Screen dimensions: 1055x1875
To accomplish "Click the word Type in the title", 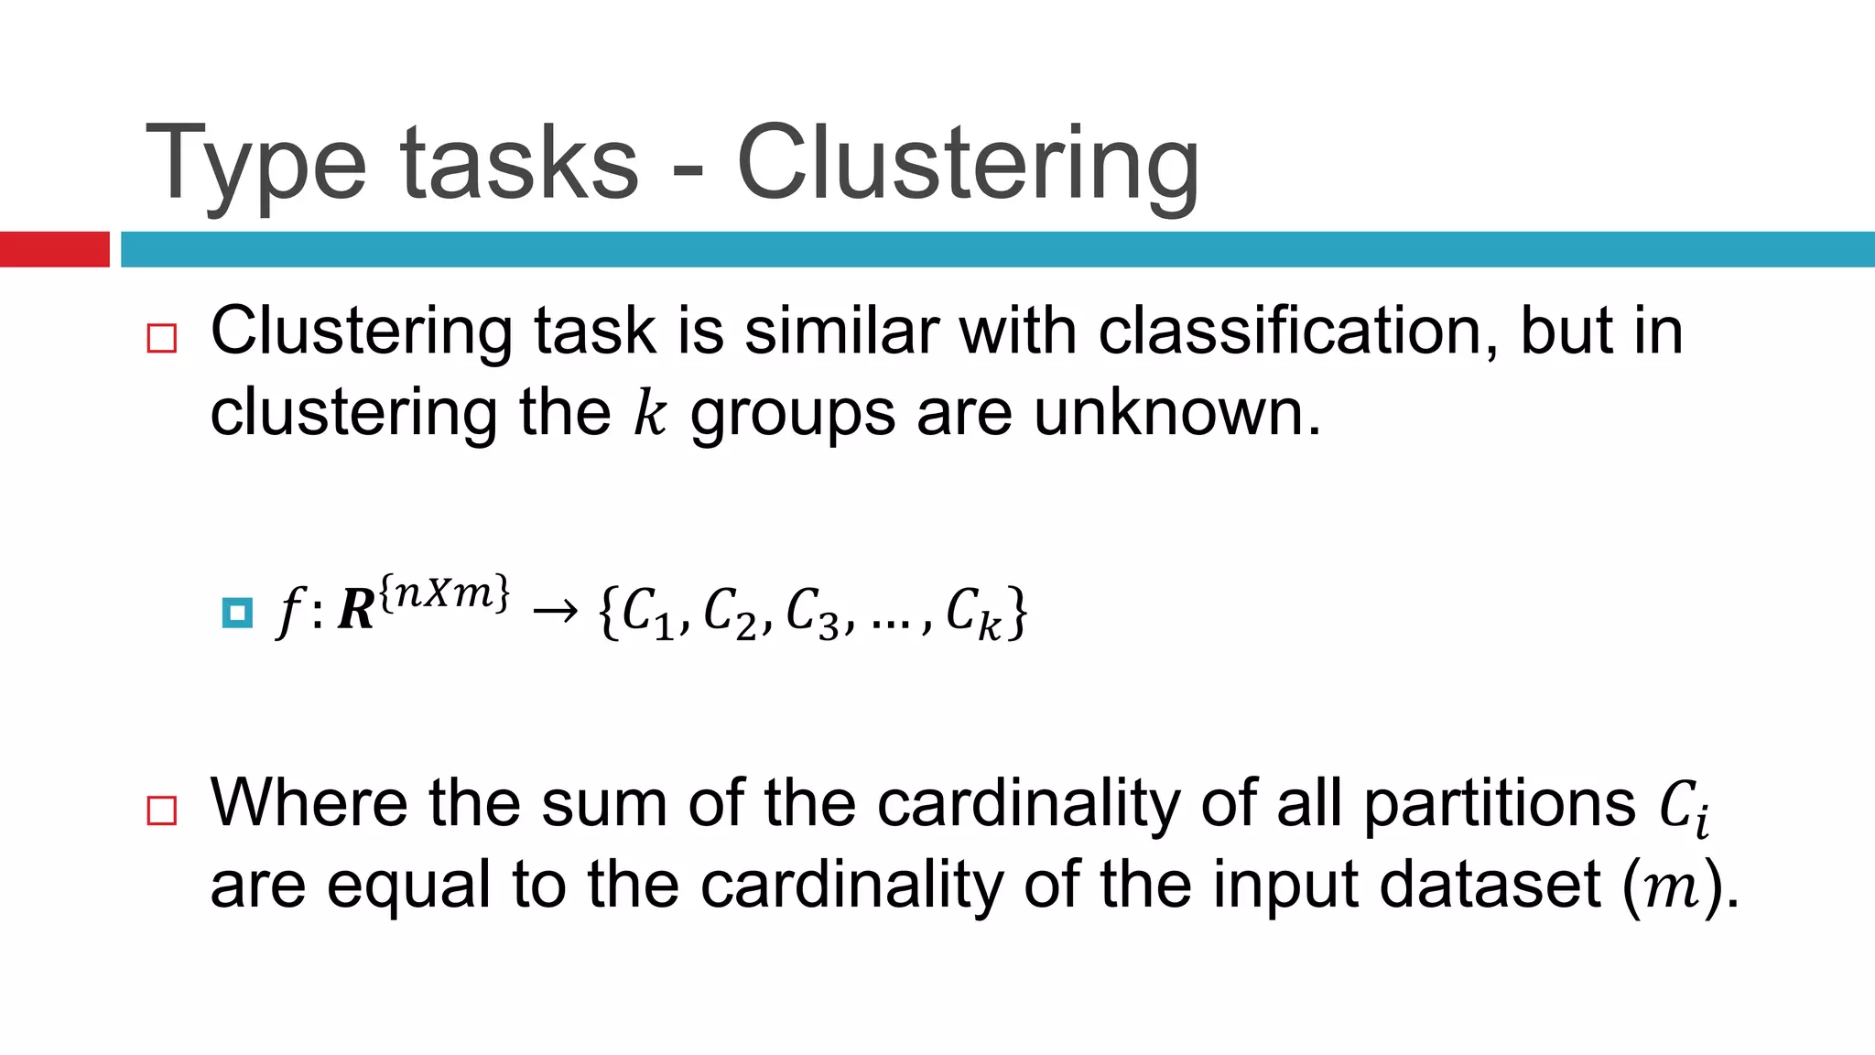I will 255,165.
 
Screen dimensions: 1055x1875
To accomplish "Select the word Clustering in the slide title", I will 967,165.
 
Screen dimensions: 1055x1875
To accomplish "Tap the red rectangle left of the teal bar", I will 54,249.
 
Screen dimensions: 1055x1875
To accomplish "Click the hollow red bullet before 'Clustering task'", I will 162,339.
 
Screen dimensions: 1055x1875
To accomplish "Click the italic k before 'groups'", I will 650,414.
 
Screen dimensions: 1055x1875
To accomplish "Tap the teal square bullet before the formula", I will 237,613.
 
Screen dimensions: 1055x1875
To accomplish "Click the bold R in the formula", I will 356,611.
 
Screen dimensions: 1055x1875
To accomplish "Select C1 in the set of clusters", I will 646,613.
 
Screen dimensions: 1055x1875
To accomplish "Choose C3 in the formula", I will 812,613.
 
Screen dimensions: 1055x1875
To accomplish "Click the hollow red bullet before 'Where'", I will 162,810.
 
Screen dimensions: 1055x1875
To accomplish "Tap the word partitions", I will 1500,803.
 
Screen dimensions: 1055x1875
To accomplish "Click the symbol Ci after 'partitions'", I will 1685,808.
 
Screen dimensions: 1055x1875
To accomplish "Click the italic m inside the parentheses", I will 1673,888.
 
